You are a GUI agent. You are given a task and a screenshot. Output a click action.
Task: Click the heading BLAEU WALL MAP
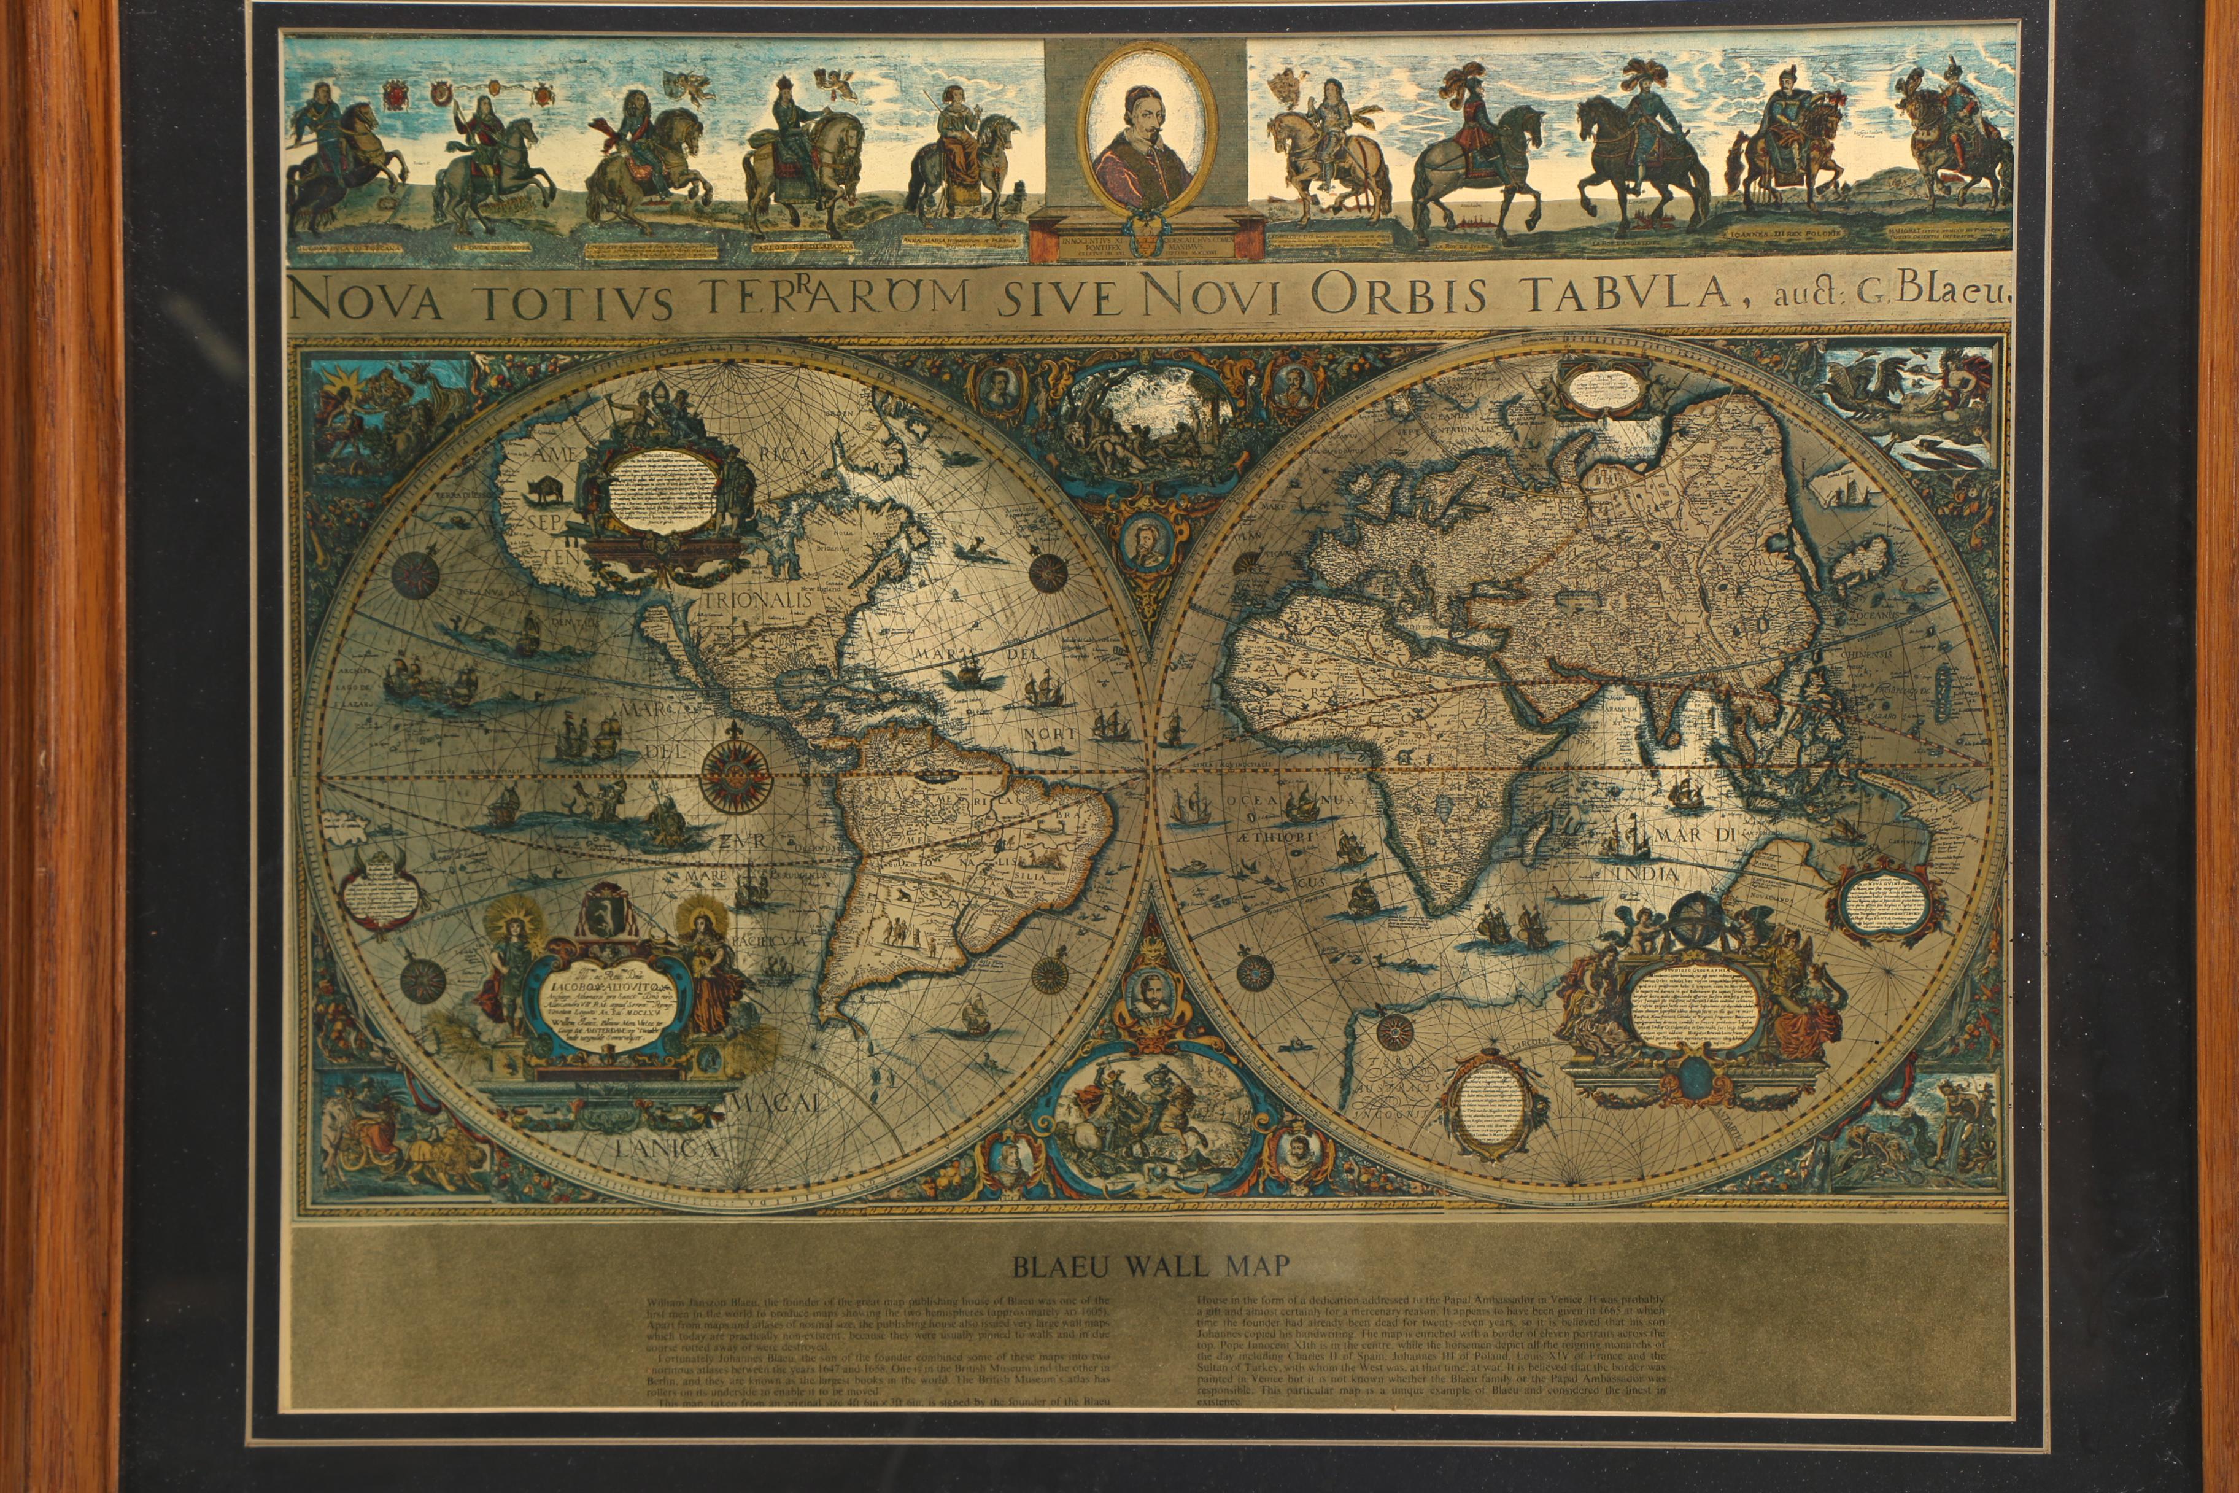[1150, 1265]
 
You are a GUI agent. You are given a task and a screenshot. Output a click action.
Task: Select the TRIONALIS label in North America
[758, 601]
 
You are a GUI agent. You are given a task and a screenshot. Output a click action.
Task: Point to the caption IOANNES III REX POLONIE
[1782, 232]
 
